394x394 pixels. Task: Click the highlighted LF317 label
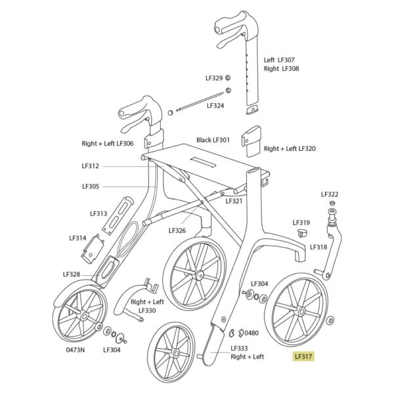(x=303, y=357)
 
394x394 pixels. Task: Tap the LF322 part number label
(x=330, y=194)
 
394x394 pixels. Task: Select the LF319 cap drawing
(x=302, y=232)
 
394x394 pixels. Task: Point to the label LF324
(x=215, y=106)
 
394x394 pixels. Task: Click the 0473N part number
(x=75, y=350)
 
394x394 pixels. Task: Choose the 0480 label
(x=252, y=333)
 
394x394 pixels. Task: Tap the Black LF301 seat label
(x=213, y=140)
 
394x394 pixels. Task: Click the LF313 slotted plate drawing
(x=118, y=215)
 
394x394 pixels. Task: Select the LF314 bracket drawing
(x=93, y=250)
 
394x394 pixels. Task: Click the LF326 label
(x=177, y=230)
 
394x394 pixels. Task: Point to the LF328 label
(x=72, y=274)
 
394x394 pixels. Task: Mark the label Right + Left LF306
(x=108, y=143)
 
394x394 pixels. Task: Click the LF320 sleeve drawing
(x=252, y=141)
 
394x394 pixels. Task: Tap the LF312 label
(x=90, y=166)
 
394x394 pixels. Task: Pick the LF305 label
(x=91, y=186)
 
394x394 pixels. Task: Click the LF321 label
(x=234, y=201)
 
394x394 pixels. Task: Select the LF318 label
(x=318, y=247)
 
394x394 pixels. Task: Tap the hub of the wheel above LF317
(x=301, y=311)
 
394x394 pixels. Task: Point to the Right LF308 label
(x=282, y=68)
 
